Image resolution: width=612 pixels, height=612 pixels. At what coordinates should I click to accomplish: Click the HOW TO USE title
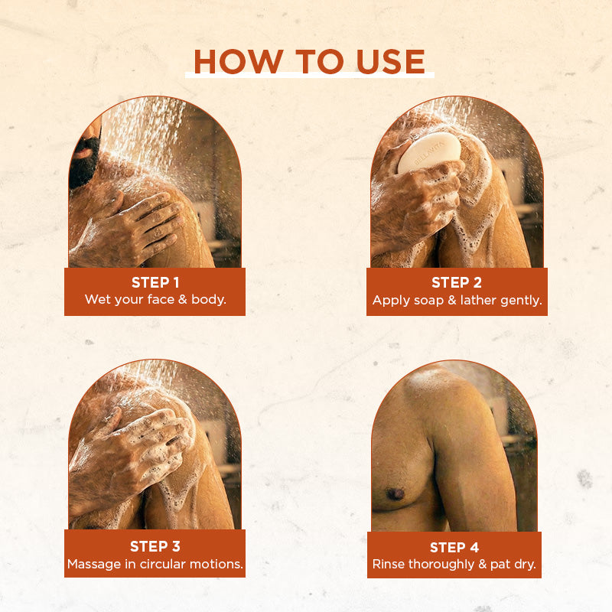point(309,62)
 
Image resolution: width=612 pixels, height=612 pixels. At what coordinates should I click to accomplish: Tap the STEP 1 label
point(155,282)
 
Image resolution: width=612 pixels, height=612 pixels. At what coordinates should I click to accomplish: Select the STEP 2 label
point(457,282)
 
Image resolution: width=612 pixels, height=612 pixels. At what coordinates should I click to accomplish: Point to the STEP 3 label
point(155,546)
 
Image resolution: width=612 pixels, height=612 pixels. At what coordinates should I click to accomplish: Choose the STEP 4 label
point(454,547)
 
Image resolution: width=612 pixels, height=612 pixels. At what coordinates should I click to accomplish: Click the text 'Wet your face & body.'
point(155,299)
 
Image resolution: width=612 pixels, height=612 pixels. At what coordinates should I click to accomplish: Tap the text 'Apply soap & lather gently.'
point(457,300)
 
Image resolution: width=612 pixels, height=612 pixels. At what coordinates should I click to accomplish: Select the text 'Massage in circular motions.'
point(155,565)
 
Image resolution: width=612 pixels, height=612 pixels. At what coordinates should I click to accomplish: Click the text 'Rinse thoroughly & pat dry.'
point(454,565)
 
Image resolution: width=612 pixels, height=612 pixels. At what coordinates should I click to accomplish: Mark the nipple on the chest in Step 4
point(396,493)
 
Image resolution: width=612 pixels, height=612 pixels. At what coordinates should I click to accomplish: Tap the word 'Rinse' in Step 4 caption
point(389,565)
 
